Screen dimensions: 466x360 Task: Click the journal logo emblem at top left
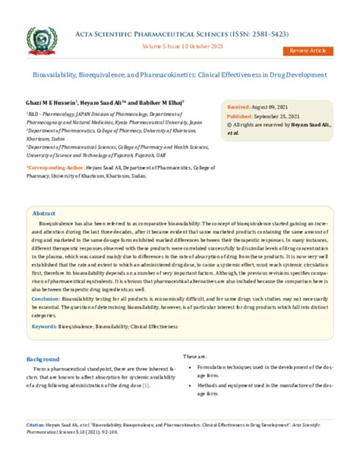[x=44, y=41]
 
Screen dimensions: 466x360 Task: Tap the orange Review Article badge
[x=308, y=50]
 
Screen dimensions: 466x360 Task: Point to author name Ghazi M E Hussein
[x=53, y=102]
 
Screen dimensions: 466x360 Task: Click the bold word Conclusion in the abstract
[x=50, y=299]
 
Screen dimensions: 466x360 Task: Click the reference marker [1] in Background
[x=147, y=386]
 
